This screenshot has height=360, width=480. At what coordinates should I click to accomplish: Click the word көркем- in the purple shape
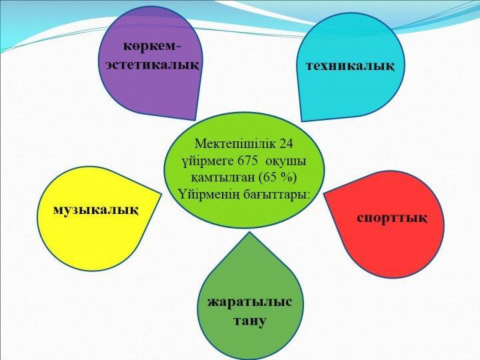tap(152, 47)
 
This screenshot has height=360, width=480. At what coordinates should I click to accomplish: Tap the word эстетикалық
tap(152, 65)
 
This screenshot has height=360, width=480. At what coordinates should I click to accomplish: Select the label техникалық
tap(350, 66)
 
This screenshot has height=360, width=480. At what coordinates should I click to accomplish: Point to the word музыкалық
tap(96, 211)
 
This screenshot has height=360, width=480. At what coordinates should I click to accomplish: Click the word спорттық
tap(392, 218)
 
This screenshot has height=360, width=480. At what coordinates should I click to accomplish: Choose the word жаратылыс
tap(250, 302)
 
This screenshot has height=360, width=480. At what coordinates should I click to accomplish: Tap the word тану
tap(250, 321)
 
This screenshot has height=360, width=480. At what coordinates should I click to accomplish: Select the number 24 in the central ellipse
tap(286, 143)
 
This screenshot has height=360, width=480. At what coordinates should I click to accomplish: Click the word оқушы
tap(285, 161)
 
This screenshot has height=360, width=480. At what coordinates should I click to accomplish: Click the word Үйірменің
tap(210, 195)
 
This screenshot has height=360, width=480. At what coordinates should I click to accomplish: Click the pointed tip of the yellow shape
tap(161, 194)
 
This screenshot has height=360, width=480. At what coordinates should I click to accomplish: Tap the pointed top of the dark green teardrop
tap(250, 232)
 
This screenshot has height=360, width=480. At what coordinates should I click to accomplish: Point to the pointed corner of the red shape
tap(324, 193)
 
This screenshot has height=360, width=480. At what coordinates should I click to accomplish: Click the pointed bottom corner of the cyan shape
tap(302, 121)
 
